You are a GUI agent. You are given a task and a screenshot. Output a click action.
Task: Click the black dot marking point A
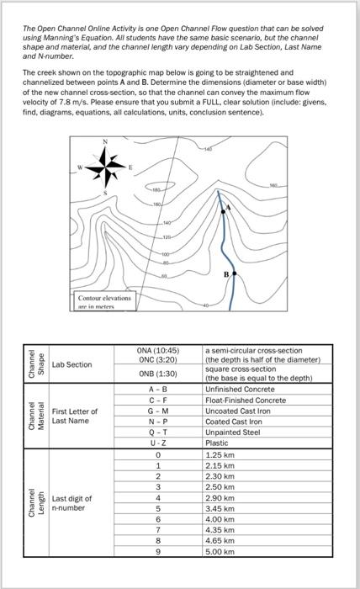tap(224, 212)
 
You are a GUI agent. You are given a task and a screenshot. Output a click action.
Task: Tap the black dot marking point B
tap(234, 273)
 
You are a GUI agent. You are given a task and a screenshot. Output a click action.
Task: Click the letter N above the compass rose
tap(105, 141)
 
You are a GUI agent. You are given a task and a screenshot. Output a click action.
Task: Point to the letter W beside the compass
tap(80, 167)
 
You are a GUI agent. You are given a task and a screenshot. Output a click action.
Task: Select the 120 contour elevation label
tap(167, 237)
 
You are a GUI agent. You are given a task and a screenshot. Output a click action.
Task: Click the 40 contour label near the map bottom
tap(205, 305)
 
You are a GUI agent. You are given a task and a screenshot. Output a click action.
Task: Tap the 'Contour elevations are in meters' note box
tap(105, 301)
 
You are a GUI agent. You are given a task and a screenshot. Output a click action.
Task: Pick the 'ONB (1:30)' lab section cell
tap(157, 374)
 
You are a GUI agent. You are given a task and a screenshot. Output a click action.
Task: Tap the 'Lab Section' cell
tap(71, 364)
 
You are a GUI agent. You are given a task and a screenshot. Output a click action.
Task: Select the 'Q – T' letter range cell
tap(157, 432)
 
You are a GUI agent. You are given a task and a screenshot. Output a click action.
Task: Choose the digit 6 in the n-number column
tap(158, 519)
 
